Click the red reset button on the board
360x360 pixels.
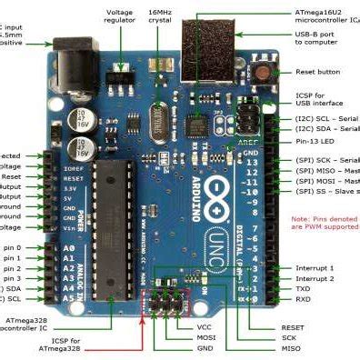click(265, 72)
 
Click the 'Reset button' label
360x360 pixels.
click(317, 72)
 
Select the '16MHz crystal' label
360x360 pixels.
click(166, 17)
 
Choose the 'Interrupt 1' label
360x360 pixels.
click(315, 268)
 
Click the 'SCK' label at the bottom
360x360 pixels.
click(290, 336)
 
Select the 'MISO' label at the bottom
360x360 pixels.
click(291, 348)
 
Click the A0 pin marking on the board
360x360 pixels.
click(69, 247)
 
